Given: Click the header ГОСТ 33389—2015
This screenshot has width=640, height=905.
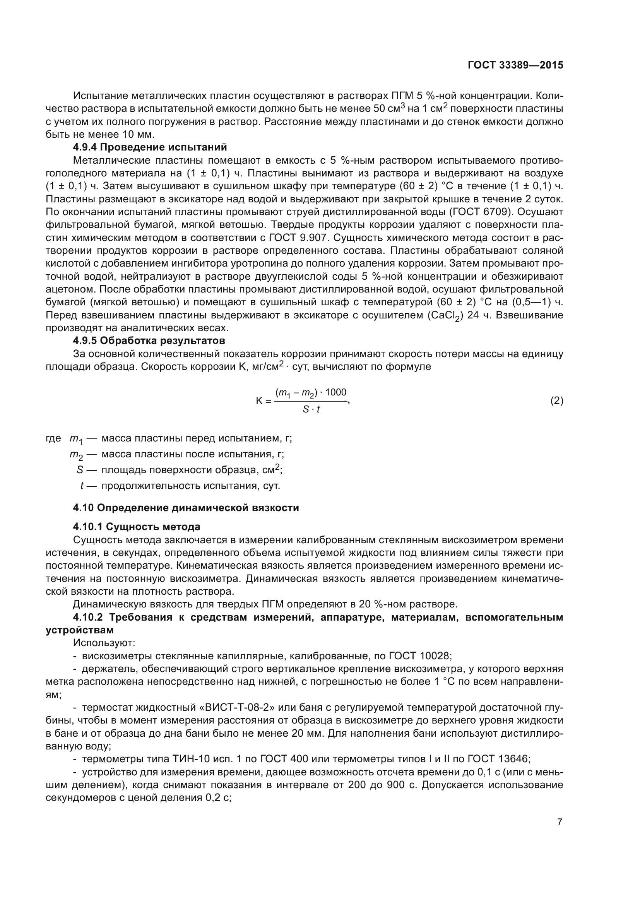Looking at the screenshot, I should [x=515, y=65].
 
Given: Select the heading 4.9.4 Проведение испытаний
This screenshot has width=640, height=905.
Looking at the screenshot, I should [x=150, y=147].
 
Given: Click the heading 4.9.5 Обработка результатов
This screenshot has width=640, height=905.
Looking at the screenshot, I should [x=149, y=340].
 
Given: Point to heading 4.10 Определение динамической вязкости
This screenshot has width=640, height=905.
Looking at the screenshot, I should [x=186, y=508].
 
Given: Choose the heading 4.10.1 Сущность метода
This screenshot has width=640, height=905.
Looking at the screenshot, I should [x=136, y=527].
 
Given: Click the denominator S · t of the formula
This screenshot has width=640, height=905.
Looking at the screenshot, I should [x=311, y=409].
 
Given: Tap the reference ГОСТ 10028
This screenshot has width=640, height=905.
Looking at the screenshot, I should [x=419, y=656].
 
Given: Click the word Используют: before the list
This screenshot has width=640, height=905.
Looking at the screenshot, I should [x=104, y=643].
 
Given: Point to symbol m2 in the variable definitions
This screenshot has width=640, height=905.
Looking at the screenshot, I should [x=76, y=455].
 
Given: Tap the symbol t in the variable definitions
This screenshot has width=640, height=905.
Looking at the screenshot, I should [x=82, y=486].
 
